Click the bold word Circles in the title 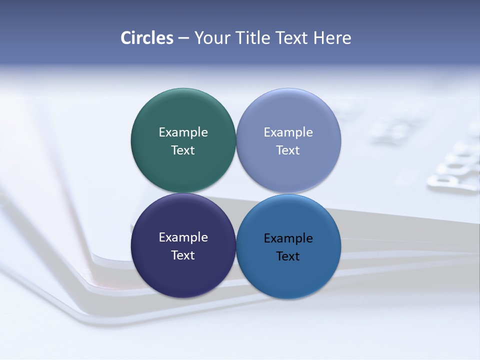(147, 38)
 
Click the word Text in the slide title (292, 38)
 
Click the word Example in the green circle (183, 132)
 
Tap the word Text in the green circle (183, 150)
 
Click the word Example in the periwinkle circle (288, 132)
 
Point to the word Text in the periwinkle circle (288, 150)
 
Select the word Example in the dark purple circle (183, 237)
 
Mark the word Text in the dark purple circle (183, 255)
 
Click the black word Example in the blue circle (288, 238)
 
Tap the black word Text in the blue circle (288, 256)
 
